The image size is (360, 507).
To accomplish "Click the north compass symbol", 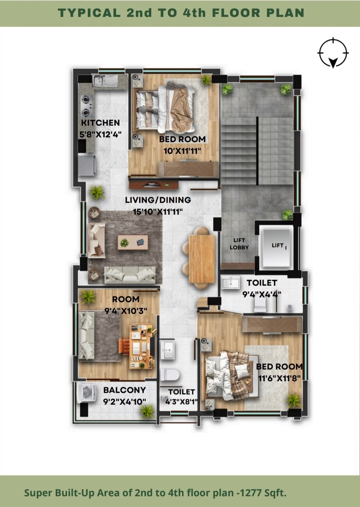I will [x=334, y=53].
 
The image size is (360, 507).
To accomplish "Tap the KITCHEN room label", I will [x=100, y=123].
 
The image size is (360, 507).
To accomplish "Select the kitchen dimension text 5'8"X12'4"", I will [x=100, y=134].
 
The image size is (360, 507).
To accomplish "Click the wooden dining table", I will [x=202, y=258].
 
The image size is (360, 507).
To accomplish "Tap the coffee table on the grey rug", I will [x=133, y=242].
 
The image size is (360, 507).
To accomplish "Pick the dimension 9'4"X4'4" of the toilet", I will [x=261, y=294].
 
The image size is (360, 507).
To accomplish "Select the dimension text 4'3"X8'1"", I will [x=181, y=402].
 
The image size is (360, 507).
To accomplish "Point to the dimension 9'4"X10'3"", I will [x=126, y=311].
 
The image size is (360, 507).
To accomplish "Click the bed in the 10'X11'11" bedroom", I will [x=167, y=108].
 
